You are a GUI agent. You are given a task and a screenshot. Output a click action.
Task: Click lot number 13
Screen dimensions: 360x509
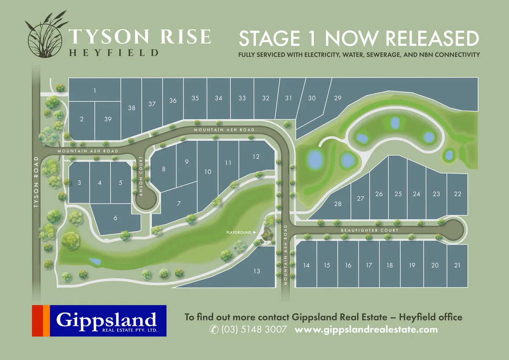click(256, 271)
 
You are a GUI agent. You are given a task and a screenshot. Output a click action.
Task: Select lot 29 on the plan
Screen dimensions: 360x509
click(338, 98)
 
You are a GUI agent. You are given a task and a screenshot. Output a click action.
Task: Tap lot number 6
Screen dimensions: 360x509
click(115, 218)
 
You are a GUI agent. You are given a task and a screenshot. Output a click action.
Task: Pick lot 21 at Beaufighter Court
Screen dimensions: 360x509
click(457, 265)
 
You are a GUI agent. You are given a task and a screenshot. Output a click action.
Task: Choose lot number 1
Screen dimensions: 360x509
click(95, 90)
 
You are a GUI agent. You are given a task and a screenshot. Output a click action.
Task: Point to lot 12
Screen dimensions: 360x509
click(256, 156)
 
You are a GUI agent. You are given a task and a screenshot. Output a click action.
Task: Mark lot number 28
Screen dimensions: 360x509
click(338, 204)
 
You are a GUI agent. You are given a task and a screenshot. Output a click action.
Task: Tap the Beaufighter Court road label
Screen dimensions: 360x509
click(370, 230)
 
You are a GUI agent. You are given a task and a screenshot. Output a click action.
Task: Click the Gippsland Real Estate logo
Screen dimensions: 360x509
click(99, 321)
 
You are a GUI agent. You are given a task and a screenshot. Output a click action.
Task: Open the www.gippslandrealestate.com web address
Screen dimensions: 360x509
click(366, 329)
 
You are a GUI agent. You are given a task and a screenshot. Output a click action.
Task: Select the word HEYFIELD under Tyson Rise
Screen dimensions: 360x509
click(113, 53)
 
